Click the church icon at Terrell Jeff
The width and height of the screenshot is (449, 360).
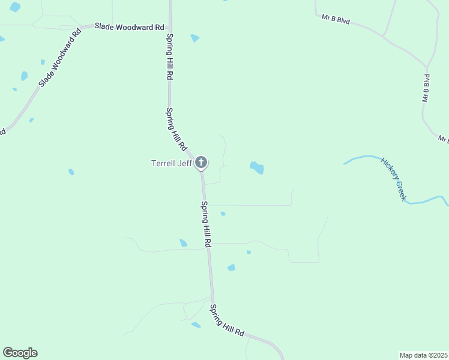[201, 163]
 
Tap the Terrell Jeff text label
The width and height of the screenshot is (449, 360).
[171, 163]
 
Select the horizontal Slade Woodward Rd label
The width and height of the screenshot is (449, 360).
[129, 27]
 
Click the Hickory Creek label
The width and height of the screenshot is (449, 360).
[393, 179]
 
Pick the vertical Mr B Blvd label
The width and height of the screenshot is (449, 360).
[426, 88]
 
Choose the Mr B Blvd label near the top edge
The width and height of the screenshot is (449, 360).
[336, 19]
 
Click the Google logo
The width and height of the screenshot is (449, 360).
[20, 353]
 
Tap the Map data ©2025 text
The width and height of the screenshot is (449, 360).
[423, 355]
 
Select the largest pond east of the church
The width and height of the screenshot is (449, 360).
[257, 167]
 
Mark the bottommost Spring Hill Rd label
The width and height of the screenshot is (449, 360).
[228, 320]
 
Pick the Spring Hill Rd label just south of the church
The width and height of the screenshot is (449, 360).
[206, 224]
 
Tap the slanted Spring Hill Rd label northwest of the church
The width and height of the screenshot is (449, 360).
[177, 128]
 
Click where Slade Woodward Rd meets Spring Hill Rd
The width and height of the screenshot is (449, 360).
[170, 27]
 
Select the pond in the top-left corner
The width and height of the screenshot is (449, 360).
[14, 7]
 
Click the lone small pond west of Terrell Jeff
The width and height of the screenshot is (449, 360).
[71, 172]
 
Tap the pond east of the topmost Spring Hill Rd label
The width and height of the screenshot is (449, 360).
[194, 38]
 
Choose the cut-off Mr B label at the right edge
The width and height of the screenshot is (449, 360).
[444, 140]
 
